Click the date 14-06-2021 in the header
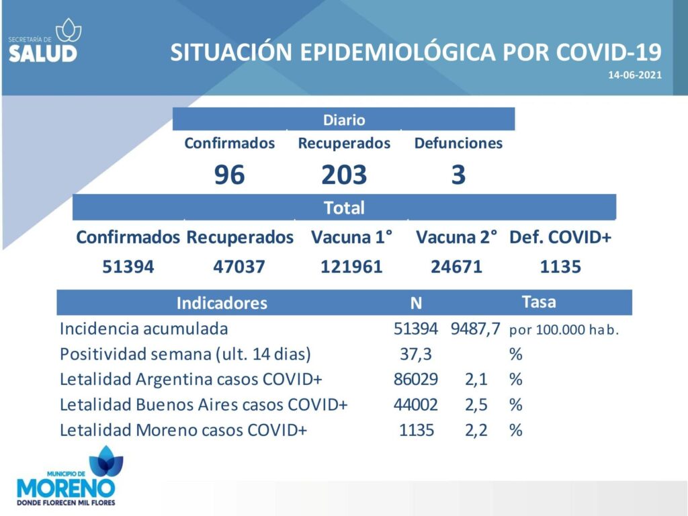coord(634,75)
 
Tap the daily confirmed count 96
coord(230,175)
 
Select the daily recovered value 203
coord(344,175)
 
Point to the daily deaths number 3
coord(458,175)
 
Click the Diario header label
coord(344,120)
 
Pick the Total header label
coord(344,208)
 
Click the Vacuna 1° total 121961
coord(351,267)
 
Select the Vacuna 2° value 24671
coord(456,267)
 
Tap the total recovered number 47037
coord(239,267)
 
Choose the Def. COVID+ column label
coord(560,237)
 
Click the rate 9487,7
coord(476,329)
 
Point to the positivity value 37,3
coord(415,354)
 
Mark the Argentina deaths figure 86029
coord(415,379)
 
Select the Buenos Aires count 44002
coord(415,404)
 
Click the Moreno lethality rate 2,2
coord(476,430)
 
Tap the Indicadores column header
coord(222,303)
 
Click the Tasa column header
coord(539,302)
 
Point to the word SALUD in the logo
coord(42,53)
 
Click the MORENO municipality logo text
coord(66,488)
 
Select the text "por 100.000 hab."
coord(564,330)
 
